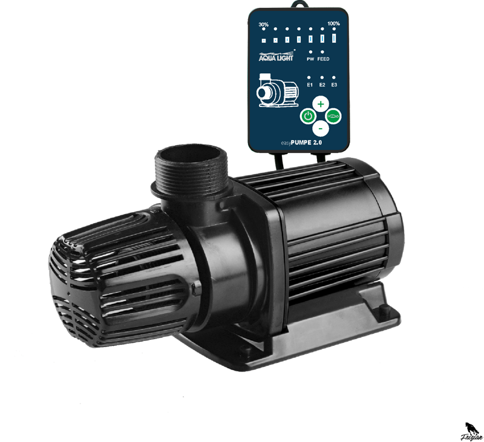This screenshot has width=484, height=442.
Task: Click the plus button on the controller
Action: [321, 103]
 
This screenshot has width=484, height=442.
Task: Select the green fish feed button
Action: [333, 115]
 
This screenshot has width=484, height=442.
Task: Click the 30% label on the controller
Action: [263, 25]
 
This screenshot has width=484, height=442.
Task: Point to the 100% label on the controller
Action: [334, 25]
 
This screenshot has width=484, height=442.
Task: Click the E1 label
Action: [310, 85]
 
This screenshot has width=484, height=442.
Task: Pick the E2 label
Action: [322, 85]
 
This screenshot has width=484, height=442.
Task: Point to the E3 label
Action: [334, 85]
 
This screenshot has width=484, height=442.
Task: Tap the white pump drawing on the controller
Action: [277, 91]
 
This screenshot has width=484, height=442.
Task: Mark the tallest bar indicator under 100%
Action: [334, 39]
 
